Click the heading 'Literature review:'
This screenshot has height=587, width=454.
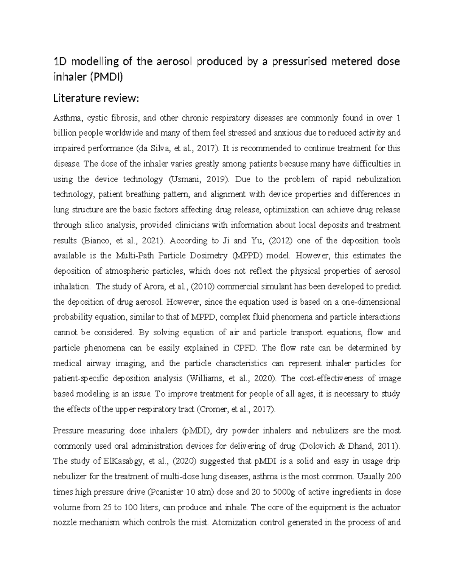[96, 99]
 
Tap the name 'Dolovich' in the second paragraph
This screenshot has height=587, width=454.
[317, 446]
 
